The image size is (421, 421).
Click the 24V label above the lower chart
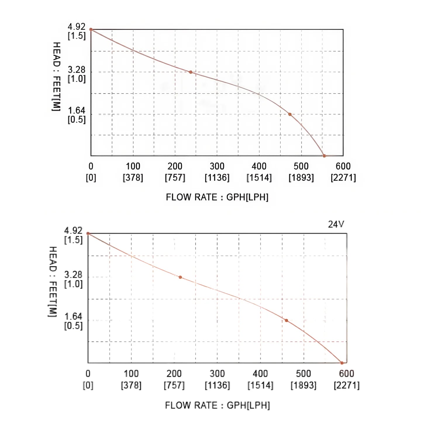pos(336,224)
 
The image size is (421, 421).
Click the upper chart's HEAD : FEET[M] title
pos(56,76)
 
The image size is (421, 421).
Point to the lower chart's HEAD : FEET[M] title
pos(53,282)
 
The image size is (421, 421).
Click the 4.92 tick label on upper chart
pos(77,27)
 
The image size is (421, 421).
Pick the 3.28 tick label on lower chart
pos(73,275)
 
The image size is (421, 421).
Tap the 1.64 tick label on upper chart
pos(77,110)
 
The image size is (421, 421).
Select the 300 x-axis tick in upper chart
pos(217,166)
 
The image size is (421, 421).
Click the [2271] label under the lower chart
pos(346,385)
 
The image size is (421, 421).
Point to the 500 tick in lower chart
pos(303,373)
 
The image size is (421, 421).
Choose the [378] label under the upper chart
pos(133,177)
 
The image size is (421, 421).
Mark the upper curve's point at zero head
pos(324,156)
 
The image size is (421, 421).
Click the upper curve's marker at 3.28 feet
pos(191,72)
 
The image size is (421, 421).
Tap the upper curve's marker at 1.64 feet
pos(290,114)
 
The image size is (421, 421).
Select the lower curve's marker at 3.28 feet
pos(180,277)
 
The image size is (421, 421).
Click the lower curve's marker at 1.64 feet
pos(286,320)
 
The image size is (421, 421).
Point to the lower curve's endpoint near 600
pos(342,363)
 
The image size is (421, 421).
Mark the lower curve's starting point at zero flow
pos(88,233)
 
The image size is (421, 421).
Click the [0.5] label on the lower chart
pos(73,326)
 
